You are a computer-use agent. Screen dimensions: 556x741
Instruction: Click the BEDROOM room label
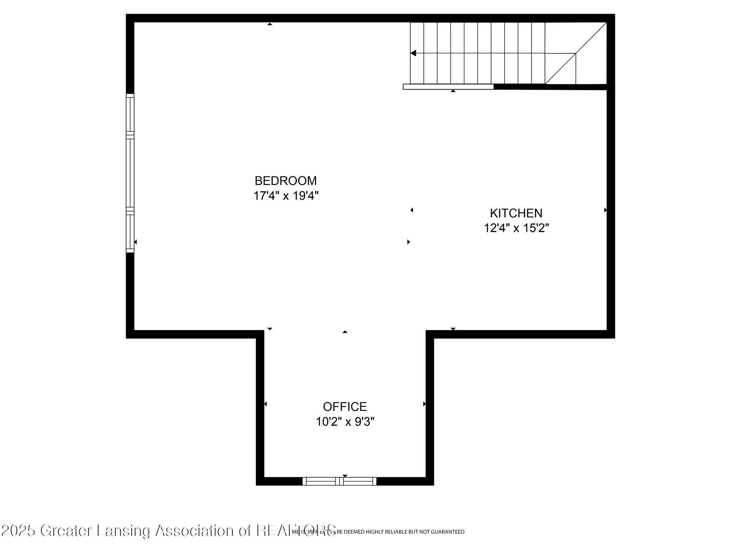point(285,181)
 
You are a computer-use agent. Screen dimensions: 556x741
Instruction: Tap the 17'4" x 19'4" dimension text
point(286,196)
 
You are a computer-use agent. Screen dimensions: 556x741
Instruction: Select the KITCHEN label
point(516,213)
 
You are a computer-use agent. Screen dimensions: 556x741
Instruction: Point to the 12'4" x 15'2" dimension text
point(516,228)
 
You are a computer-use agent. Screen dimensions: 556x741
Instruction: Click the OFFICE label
point(345,407)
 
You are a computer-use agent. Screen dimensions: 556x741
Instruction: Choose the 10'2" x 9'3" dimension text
point(345,422)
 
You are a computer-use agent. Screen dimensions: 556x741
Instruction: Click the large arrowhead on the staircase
point(414,53)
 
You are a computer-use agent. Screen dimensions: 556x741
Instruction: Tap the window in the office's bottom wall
point(339,481)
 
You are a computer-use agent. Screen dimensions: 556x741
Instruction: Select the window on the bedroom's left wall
point(130,173)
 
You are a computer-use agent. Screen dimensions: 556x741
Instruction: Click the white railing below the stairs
point(448,87)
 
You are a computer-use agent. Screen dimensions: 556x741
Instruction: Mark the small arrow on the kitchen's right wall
point(605,210)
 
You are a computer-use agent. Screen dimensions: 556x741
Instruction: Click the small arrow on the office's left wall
point(265,404)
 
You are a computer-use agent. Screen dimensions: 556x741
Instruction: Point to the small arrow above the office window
point(345,476)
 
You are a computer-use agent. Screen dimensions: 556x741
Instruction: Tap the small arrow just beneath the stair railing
point(453,91)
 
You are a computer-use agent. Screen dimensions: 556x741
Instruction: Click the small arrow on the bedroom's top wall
point(270,24)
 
